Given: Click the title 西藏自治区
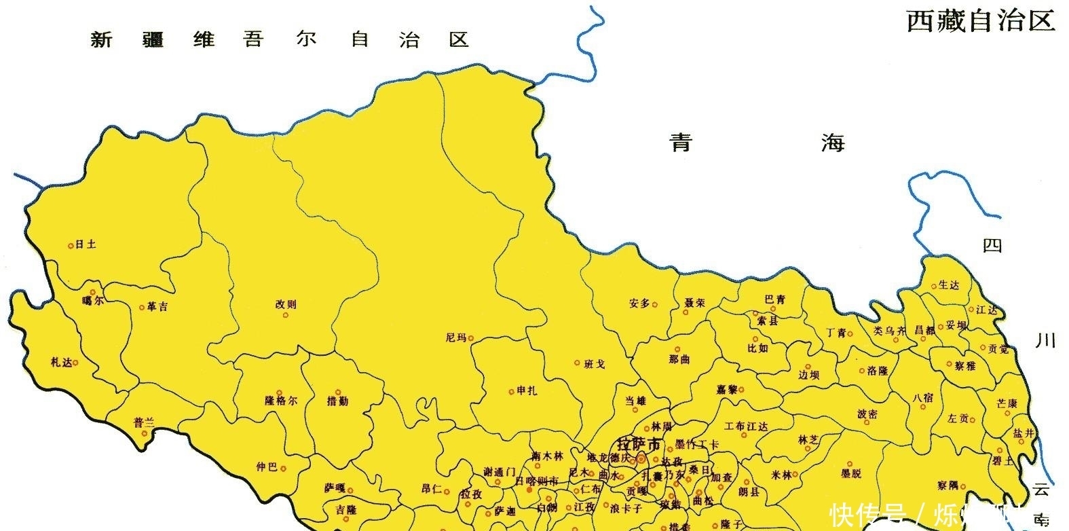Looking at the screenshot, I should pyautogui.click(x=981, y=21).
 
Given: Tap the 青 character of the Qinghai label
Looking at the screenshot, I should pyautogui.click(x=681, y=143).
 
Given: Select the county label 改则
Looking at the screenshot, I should pyautogui.click(x=286, y=304).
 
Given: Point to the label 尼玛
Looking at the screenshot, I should pyautogui.click(x=455, y=337).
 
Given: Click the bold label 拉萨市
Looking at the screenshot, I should pyautogui.click(x=638, y=445).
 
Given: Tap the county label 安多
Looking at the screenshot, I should pyautogui.click(x=639, y=304).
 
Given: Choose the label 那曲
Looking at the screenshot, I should pyautogui.click(x=679, y=359).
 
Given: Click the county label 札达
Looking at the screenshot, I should pyautogui.click(x=61, y=362).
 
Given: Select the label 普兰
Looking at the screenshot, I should pyautogui.click(x=144, y=422).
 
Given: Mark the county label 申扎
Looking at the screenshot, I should pyautogui.click(x=527, y=390).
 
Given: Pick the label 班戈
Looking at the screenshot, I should pyautogui.click(x=595, y=364).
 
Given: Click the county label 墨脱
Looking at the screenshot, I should pyautogui.click(x=850, y=473).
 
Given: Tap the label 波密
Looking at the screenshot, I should pyautogui.click(x=867, y=414).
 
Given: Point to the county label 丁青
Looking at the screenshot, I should pyautogui.click(x=836, y=332).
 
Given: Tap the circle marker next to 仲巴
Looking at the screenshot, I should pyautogui.click(x=283, y=468).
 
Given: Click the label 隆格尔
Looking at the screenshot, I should pyautogui.click(x=280, y=401).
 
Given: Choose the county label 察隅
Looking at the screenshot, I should pyautogui.click(x=948, y=485).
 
